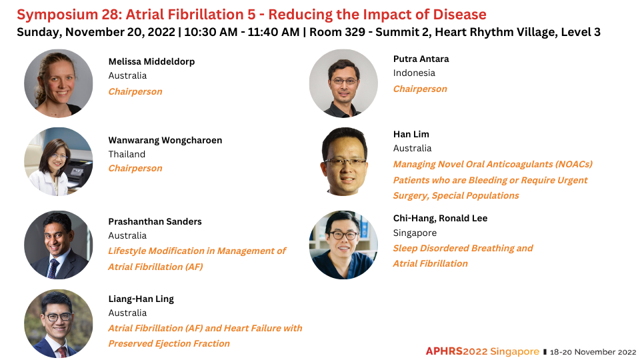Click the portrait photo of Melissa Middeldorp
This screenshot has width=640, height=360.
pyautogui.click(x=59, y=83)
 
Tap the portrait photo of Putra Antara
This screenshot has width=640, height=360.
pyautogui.click(x=343, y=83)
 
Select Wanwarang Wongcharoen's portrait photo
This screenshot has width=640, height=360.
pyautogui.click(x=59, y=161)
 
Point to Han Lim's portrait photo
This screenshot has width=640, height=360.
pyautogui.click(x=344, y=161)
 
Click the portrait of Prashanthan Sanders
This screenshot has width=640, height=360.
pyautogui.click(x=59, y=245)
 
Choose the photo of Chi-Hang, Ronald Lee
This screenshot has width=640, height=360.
pyautogui.click(x=343, y=245)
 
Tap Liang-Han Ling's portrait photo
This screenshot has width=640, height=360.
pyautogui.click(x=59, y=324)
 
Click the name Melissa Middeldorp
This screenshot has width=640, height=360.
pyautogui.click(x=151, y=61)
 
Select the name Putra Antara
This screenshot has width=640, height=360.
pyautogui.click(x=421, y=59)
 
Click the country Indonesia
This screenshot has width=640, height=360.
pyautogui.click(x=414, y=73)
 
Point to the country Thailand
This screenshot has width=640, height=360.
pyautogui.click(x=127, y=154)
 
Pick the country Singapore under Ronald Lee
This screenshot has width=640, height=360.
pyautogui.click(x=415, y=233)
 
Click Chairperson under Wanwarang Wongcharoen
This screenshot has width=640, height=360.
pyautogui.click(x=135, y=168)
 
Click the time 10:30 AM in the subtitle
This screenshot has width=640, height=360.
pyautogui.click(x=211, y=32)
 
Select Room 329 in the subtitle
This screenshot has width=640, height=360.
pyautogui.click(x=337, y=32)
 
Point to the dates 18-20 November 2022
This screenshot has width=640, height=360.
pyautogui.click(x=593, y=352)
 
